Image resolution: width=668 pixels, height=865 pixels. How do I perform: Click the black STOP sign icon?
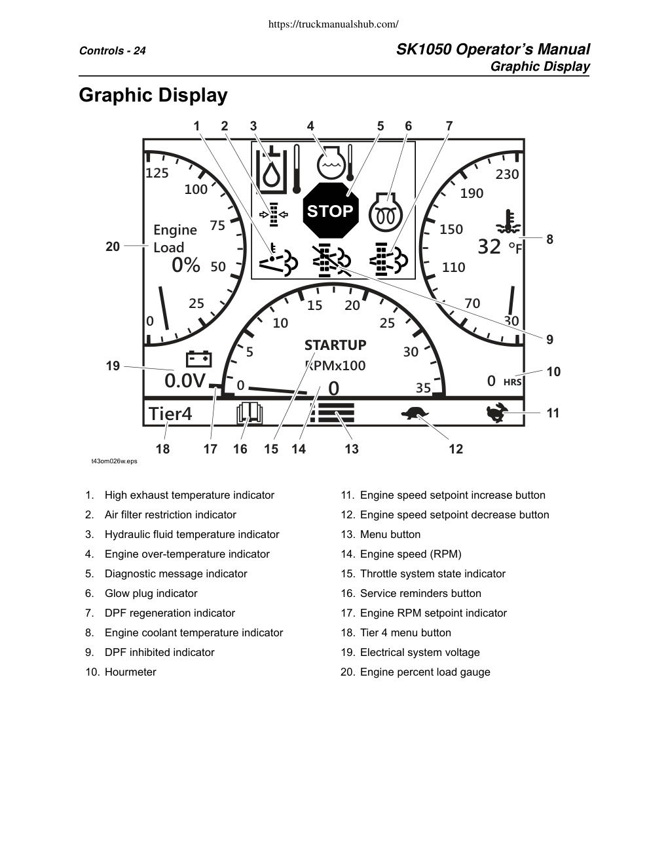point(331,210)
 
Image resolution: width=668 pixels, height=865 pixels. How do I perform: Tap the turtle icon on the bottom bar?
point(415,413)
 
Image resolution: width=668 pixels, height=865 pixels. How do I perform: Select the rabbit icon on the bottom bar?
point(497,413)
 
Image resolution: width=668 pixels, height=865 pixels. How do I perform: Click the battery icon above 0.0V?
point(199,358)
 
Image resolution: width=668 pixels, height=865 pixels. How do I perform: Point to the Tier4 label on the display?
point(170,414)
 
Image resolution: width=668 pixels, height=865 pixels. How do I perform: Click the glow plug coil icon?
point(386,213)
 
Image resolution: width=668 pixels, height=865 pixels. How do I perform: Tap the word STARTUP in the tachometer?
point(335,345)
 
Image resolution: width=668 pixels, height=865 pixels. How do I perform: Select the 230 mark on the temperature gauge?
point(507,174)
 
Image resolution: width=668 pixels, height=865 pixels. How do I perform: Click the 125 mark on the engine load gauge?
point(157,173)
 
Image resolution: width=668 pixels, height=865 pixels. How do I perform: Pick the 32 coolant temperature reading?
point(489,247)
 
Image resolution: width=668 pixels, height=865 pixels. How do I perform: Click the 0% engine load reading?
point(186,265)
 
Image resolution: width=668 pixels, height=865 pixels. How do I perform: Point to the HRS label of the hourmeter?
point(512,382)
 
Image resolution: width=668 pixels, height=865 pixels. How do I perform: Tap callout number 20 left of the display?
point(113,247)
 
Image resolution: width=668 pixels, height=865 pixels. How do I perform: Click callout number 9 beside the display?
point(549,339)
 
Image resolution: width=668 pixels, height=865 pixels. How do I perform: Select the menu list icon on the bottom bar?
point(332,413)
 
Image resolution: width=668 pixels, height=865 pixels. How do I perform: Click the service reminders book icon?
point(250,413)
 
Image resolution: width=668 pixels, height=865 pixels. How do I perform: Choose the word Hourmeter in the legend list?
point(130,672)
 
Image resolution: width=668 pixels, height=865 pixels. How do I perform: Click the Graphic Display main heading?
point(153,95)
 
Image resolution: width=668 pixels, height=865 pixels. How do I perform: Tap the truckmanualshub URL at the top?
point(333,24)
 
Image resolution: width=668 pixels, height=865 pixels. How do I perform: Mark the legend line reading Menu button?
point(380,534)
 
